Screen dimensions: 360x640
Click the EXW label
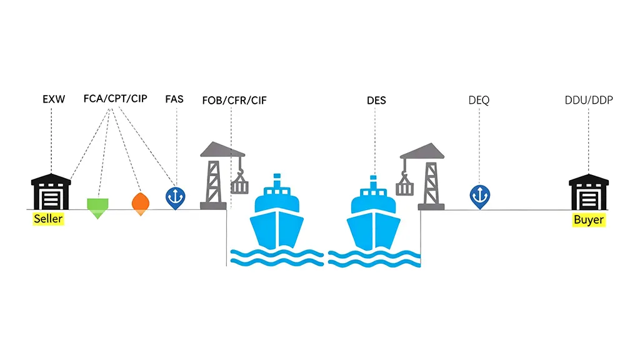53,99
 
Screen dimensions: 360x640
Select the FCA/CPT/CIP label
116,99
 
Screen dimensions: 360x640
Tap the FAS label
175,99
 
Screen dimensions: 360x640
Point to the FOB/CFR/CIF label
234,100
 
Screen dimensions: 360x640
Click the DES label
376,100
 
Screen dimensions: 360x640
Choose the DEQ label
479,100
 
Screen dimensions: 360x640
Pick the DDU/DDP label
589,100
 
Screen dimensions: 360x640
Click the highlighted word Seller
48,219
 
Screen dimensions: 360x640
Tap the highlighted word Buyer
588,219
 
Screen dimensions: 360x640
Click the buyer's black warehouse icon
588,192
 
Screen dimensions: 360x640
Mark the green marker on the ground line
97,206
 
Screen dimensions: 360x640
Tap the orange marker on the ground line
141,202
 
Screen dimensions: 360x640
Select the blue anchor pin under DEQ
479,196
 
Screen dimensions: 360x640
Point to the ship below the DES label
374,216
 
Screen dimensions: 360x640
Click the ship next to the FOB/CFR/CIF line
277,216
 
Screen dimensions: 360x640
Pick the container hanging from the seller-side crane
239,186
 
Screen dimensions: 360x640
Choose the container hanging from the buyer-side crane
404,186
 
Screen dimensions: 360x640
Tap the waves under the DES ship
374,258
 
